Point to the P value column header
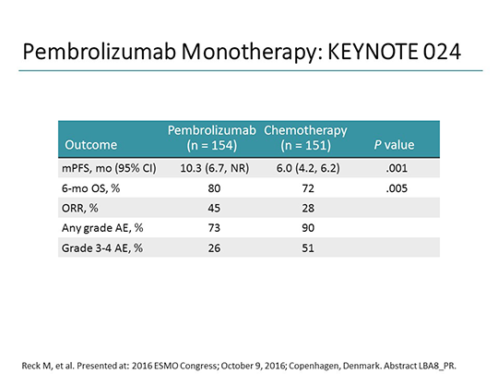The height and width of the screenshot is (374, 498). coord(394,145)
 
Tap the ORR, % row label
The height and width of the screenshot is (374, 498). coord(80,208)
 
